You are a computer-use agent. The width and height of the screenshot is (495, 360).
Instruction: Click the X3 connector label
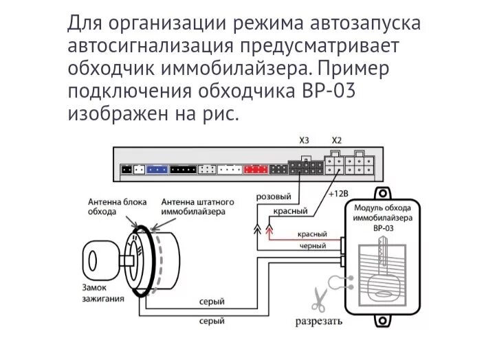click(x=305, y=141)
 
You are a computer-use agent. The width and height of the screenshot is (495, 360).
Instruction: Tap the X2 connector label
click(x=335, y=141)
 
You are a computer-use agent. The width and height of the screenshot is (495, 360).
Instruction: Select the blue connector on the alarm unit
click(x=157, y=169)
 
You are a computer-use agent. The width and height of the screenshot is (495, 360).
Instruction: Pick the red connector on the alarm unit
click(x=254, y=169)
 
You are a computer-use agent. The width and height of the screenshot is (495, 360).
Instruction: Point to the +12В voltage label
click(x=339, y=194)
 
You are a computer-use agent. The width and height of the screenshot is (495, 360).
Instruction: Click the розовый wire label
click(x=273, y=197)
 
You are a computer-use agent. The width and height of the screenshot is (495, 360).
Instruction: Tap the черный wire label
click(x=312, y=245)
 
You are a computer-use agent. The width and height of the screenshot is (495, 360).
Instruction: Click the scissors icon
click(x=318, y=298)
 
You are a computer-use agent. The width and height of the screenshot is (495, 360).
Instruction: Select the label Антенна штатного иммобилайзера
click(x=197, y=207)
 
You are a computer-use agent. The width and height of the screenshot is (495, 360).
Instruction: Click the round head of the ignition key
click(x=93, y=260)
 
